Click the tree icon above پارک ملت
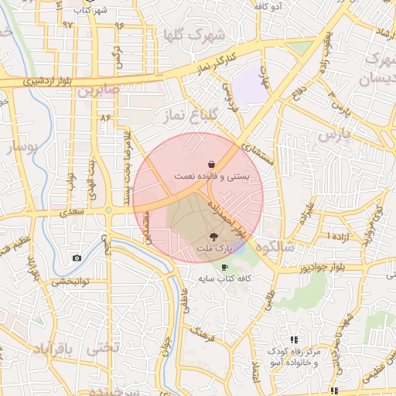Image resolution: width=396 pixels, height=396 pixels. pyautogui.click(x=213, y=236)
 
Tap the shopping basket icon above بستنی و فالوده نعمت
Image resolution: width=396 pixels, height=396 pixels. pyautogui.click(x=212, y=164)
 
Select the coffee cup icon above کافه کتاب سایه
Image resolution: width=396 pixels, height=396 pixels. pyautogui.click(x=226, y=266)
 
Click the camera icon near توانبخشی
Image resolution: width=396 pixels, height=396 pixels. pyautogui.click(x=77, y=258)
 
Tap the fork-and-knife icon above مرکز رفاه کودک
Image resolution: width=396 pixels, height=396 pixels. pyautogui.click(x=294, y=340)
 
